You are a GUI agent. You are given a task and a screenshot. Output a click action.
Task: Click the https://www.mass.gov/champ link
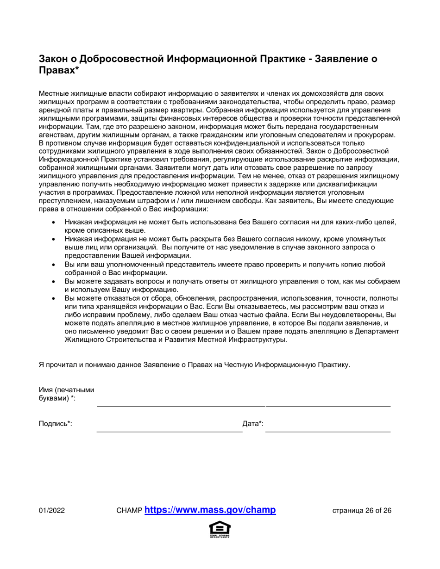210,510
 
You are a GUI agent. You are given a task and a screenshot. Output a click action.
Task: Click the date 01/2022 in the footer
51,511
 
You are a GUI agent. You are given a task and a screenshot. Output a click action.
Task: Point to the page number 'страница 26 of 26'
362,511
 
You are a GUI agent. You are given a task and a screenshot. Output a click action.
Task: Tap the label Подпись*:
55,423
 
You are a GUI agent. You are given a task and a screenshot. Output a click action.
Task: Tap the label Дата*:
253,423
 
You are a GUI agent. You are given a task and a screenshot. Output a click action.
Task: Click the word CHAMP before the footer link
130,511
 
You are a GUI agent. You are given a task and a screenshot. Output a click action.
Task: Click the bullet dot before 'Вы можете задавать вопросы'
55,281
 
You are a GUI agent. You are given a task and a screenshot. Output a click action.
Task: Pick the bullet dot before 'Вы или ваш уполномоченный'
55,265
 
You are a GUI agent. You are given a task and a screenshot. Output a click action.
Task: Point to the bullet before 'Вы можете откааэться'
55,298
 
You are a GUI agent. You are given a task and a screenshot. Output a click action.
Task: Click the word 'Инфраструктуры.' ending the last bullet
258,340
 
